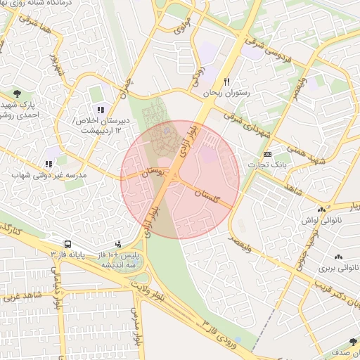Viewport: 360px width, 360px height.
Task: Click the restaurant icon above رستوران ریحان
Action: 226,82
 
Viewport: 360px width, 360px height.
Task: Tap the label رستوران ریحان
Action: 226,93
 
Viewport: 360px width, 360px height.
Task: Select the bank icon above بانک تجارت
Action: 267,154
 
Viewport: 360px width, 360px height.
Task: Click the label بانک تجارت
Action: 264,165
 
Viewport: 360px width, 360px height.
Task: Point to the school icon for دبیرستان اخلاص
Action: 101,109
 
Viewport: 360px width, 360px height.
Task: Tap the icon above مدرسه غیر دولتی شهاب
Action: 49,164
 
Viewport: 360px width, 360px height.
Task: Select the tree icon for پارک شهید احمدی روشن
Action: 16,94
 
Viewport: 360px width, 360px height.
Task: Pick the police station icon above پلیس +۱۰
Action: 117,244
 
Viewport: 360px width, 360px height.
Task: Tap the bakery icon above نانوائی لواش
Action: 321,210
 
